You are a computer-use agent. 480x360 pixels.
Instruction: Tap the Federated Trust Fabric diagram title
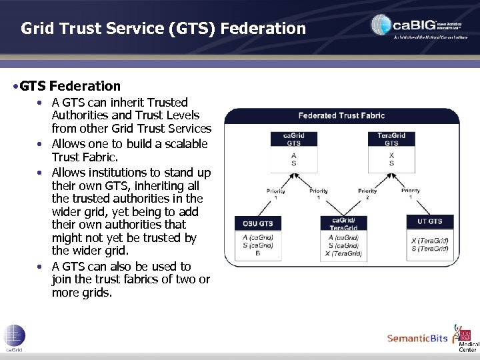pos(341,115)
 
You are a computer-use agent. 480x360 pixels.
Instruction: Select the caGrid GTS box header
pos(293,139)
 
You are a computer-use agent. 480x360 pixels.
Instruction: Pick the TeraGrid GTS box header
pos(391,139)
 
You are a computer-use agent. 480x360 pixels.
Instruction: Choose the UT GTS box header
pos(430,221)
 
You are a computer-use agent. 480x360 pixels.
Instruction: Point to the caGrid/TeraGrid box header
pos(343,223)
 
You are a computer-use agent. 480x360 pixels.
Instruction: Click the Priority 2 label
pos(367,193)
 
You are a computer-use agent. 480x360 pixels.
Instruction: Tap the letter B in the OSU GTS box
pos(257,254)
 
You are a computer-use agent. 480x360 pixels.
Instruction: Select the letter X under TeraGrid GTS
pos(391,155)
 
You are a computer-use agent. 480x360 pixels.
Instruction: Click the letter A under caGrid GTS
pos(293,155)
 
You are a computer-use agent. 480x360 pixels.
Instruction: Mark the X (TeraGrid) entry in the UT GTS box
pos(430,240)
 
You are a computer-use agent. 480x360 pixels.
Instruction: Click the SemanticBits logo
pos(417,339)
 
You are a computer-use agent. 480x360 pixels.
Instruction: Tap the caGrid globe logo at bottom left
pos(14,337)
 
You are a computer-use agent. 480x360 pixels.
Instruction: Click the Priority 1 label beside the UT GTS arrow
pos(411,193)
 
